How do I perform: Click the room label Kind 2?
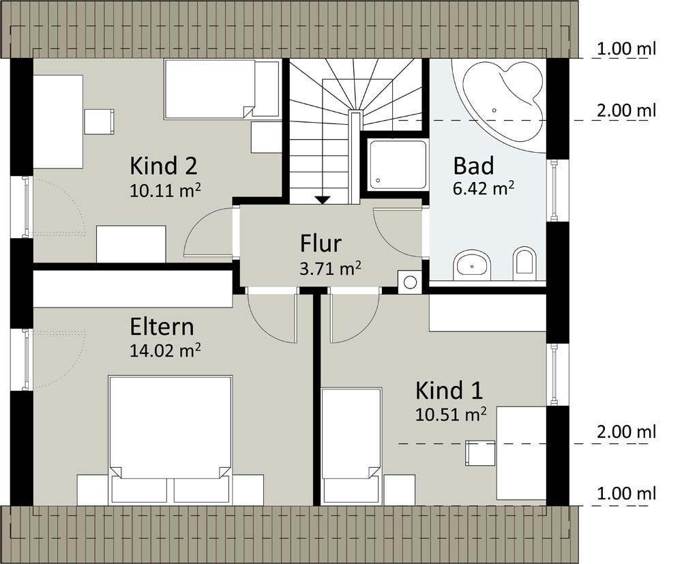coord(164,166)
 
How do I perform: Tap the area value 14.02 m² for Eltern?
coord(165,350)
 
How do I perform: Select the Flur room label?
coord(321,243)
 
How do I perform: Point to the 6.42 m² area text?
coord(484,188)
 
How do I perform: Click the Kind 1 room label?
coord(449,390)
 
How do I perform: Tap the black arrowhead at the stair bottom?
coord(322,200)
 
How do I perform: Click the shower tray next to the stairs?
coord(398,164)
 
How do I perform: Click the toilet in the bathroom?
coord(524,264)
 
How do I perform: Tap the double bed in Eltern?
coord(170,439)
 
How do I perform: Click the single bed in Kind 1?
coord(351,446)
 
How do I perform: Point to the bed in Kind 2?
coord(222,89)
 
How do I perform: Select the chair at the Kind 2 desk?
coord(99,122)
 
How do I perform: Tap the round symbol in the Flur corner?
coord(410,282)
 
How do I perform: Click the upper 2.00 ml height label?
coord(626,111)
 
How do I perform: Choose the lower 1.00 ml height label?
coord(626,494)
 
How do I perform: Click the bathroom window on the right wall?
coord(555,190)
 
